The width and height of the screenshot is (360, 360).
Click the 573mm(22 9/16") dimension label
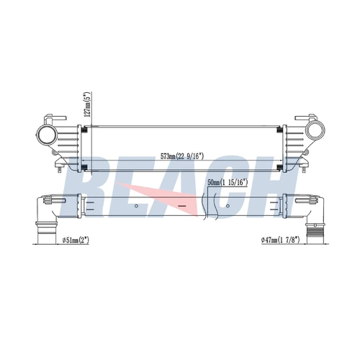tap(182, 156)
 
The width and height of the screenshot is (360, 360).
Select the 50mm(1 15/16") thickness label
tap(228, 183)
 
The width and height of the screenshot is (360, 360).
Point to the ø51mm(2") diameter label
tap(76, 240)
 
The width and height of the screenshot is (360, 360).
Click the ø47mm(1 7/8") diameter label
tap(281, 240)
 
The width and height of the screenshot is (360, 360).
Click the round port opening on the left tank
tap(47, 134)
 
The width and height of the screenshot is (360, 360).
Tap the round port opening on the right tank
tap(315, 131)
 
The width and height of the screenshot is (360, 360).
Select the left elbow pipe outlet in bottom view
tap(47, 232)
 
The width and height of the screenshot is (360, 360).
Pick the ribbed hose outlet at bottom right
tap(314, 233)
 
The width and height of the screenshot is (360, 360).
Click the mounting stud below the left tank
tap(59, 168)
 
